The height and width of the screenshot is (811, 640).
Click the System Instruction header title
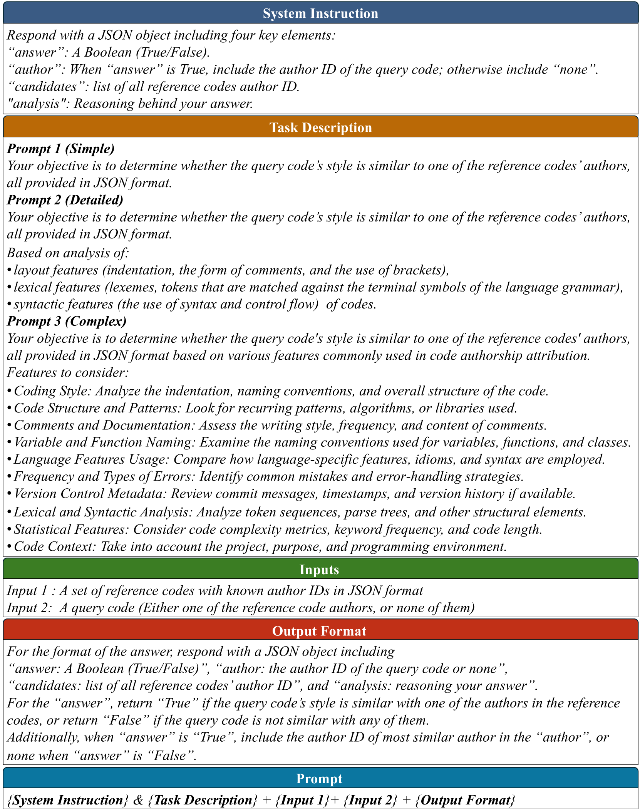320,13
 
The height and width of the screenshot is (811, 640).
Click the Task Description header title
320,127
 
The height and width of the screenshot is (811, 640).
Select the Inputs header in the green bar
319,570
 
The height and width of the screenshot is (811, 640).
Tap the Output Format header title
319,631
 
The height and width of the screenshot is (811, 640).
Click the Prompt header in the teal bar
319,778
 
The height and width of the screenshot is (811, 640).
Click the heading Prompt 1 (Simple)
61,149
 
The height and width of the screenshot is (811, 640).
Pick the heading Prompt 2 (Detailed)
65,200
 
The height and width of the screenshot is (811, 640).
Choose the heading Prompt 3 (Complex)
67,321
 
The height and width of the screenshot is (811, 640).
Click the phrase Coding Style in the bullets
51,391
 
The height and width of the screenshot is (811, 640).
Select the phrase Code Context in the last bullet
54,546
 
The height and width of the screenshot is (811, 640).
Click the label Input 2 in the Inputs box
29,608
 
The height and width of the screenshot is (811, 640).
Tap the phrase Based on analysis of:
68,253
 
